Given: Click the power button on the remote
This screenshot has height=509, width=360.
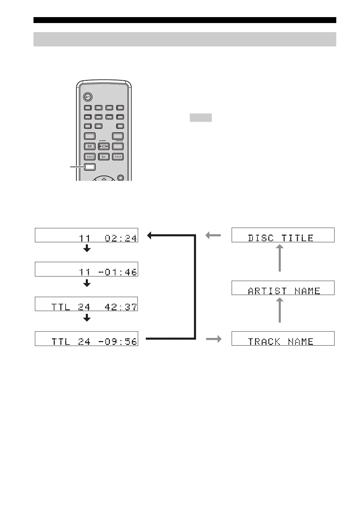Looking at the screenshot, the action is click(88, 97).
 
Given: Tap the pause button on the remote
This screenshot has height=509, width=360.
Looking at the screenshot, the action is click(90, 146).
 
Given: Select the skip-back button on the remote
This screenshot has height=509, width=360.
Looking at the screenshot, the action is click(90, 157).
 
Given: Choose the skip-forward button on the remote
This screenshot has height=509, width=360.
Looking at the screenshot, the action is click(118, 157).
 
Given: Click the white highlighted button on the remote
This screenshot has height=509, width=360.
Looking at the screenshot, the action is click(90, 167).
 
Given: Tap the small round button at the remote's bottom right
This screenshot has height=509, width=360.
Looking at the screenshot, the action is click(121, 178).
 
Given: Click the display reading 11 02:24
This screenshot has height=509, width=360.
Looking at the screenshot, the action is click(87, 235).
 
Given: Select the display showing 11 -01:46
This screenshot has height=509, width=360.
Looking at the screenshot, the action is click(87, 269).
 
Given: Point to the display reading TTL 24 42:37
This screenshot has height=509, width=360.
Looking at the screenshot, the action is click(87, 304).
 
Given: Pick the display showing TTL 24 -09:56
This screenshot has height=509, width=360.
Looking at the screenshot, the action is click(87, 339).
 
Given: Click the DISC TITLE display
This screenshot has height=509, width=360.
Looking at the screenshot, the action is click(283, 235).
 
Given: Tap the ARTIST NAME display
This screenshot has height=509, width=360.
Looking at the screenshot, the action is click(283, 288).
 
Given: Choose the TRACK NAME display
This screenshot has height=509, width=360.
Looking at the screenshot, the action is click(283, 339).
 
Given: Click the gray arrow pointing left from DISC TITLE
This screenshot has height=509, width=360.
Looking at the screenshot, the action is click(213, 236).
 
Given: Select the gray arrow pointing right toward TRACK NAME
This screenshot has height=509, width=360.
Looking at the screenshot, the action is click(214, 339).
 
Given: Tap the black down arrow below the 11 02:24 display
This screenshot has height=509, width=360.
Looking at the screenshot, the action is click(87, 249).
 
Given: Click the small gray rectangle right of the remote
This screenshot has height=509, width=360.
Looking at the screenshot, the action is click(201, 118).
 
